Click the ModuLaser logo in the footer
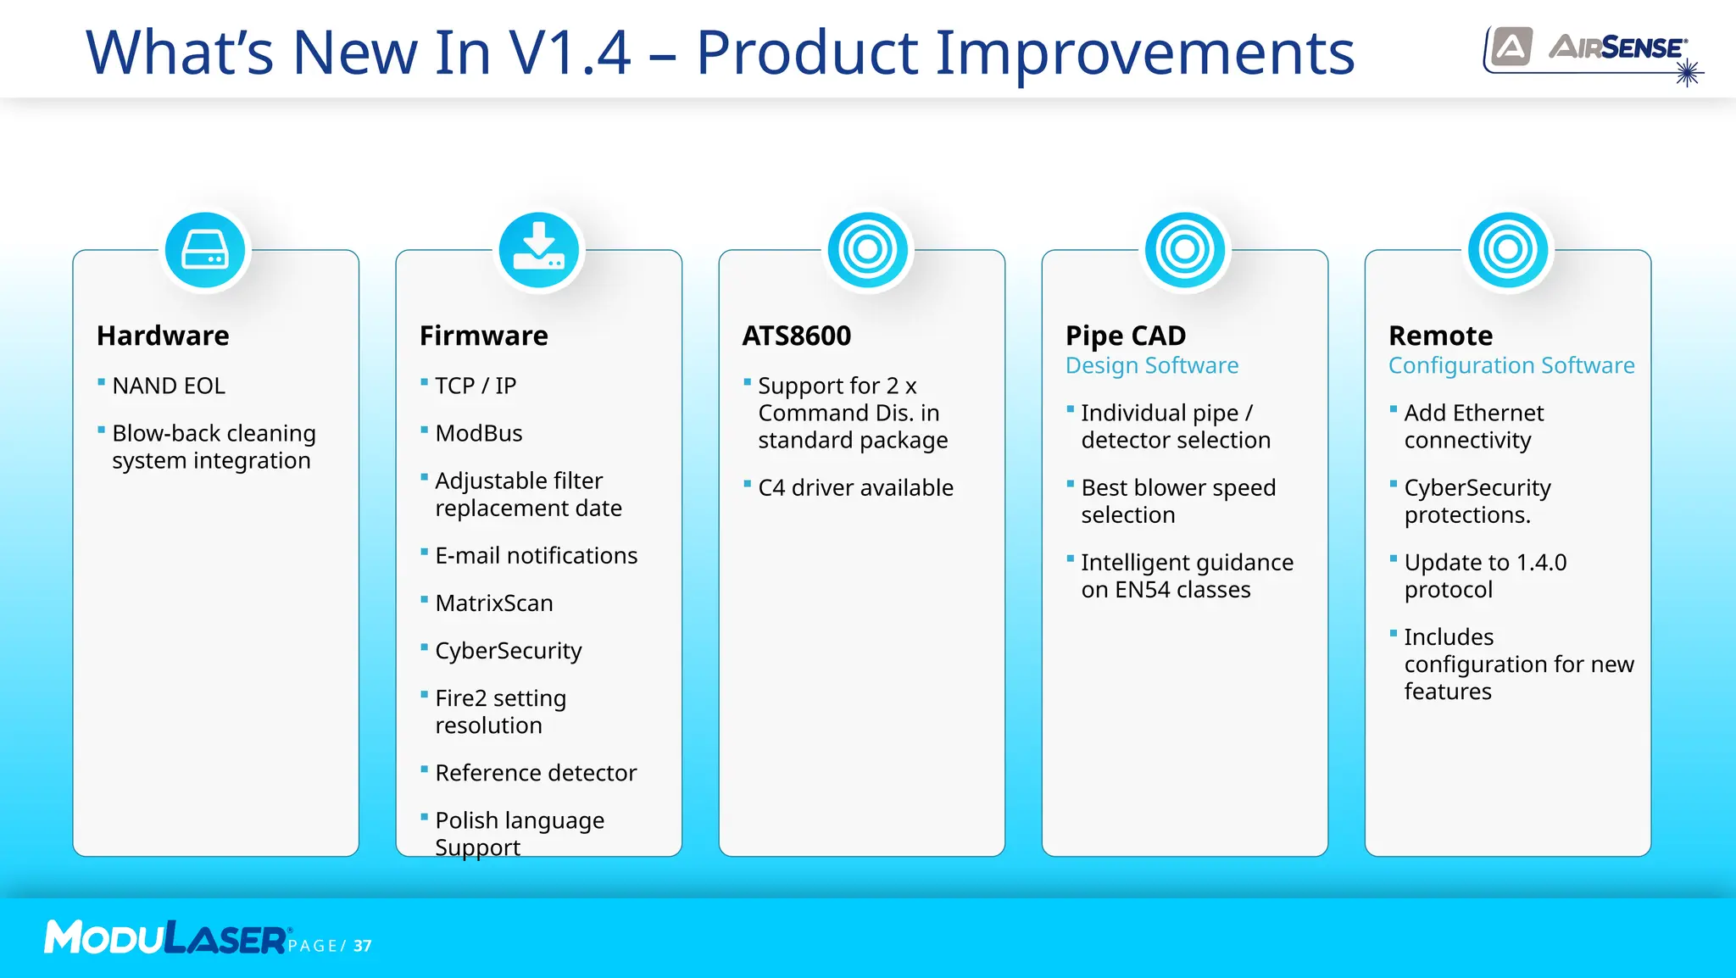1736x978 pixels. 166,937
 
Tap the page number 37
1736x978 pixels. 363,946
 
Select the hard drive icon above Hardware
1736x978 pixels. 205,251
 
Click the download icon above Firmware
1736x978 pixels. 539,251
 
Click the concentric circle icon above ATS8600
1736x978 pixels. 867,251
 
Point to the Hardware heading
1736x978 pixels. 163,336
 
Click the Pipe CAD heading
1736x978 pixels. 1126,336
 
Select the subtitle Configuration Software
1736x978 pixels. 1511,365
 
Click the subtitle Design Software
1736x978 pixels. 1152,365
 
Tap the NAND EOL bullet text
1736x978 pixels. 169,386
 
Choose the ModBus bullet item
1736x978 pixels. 479,433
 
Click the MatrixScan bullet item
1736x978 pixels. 494,603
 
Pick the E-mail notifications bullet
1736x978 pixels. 536,556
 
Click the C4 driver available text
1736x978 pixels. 855,488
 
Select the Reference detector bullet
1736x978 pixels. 536,773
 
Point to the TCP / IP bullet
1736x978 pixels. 476,386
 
